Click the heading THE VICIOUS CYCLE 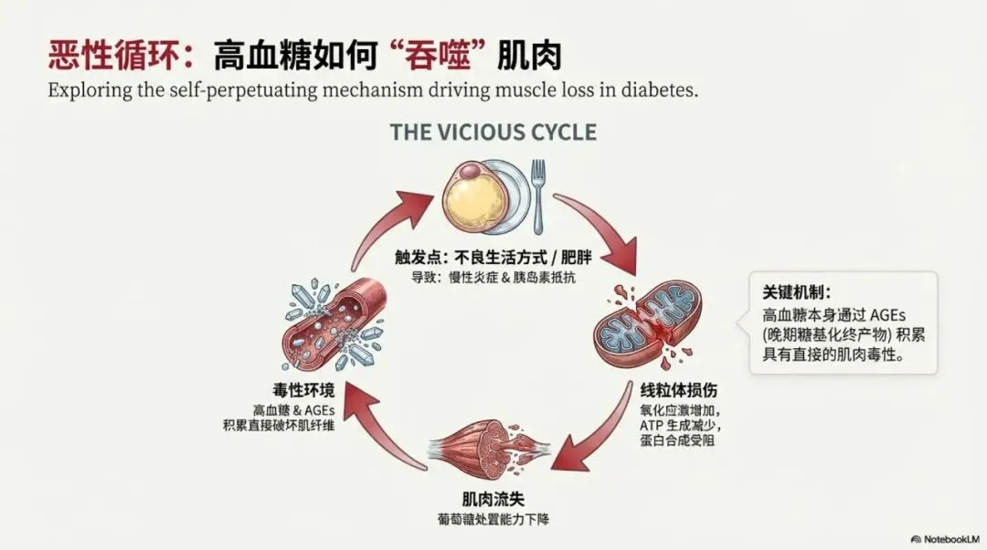pos(493,132)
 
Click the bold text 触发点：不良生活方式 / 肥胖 pos(493,257)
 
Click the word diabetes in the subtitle pos(652,91)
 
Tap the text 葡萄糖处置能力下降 pos(493,519)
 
